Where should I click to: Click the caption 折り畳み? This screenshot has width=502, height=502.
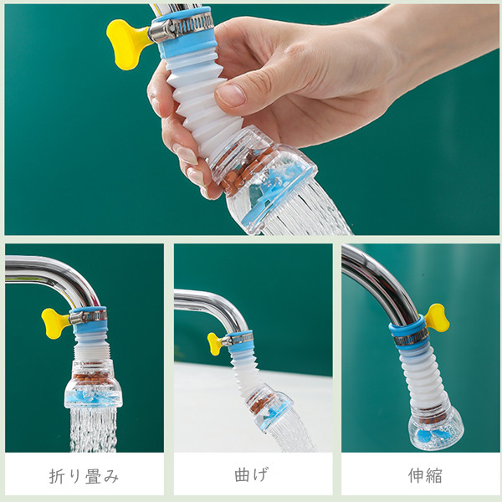(85, 476)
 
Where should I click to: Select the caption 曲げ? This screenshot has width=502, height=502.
(251, 474)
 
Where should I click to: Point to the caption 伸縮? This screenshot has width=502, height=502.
(425, 475)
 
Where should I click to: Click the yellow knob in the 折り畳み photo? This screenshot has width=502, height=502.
(54, 323)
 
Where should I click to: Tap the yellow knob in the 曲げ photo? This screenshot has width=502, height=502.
(216, 343)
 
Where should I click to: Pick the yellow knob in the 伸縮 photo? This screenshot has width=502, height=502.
(437, 318)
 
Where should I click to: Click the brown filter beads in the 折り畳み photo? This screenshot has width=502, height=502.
(92, 378)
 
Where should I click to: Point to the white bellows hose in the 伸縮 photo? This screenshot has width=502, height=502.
(421, 379)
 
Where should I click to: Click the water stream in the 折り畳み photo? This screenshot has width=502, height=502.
(93, 429)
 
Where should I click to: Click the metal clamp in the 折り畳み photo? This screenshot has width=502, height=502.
(88, 316)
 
